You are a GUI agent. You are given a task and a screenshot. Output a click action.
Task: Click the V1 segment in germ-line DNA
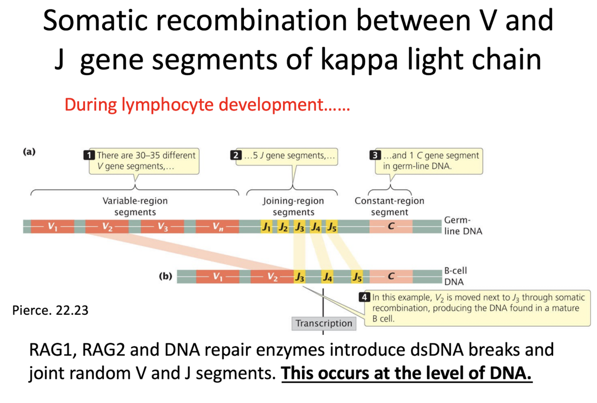pos(53,227)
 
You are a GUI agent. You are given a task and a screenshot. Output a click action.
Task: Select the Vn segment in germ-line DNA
pos(217,227)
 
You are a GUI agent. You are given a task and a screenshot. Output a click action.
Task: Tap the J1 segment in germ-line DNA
pos(266,227)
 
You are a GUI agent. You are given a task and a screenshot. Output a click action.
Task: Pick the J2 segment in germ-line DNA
pos(283,227)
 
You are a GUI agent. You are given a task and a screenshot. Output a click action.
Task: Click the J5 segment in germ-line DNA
pos(332,227)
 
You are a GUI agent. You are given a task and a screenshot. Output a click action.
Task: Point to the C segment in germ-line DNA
pos(391,226)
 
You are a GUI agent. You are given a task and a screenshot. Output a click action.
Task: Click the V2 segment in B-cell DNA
pos(272,277)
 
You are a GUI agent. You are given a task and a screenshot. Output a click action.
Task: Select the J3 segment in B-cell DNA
pos(299,277)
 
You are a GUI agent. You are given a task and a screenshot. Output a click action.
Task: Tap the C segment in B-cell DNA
pos(391,276)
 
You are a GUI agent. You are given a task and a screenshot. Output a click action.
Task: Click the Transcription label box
pos(324,323)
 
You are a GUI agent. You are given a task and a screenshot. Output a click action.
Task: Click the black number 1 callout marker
pos(90,156)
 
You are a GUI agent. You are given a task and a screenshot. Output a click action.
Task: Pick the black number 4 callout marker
pos(365,297)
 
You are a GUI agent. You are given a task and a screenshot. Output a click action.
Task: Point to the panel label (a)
pos(29,152)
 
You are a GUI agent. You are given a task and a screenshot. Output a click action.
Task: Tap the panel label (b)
pos(166,276)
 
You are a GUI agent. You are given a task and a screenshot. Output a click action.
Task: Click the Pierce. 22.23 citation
pos(50,310)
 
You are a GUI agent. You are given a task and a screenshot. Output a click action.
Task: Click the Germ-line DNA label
pos(463,226)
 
